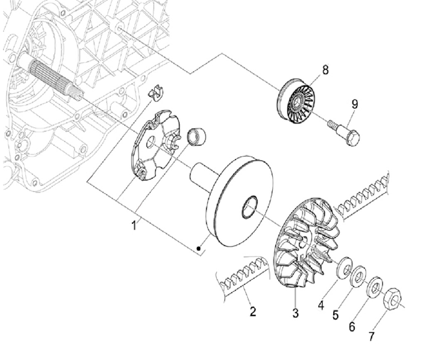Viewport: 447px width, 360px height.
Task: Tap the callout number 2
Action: pos(252,311)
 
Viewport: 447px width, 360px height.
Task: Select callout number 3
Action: pos(296,313)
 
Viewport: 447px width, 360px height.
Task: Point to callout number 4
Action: pos(321,305)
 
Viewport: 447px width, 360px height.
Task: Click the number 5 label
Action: pos(336,315)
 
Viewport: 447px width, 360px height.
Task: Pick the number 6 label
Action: pos(352,326)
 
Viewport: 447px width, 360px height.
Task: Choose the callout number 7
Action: pos(371,337)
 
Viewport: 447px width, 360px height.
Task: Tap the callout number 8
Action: pos(325,70)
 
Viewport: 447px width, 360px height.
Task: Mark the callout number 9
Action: pos(354,104)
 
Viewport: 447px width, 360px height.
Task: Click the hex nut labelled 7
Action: pos(393,299)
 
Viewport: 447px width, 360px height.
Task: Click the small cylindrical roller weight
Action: pos(197,137)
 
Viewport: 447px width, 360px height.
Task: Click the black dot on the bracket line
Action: pos(199,249)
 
